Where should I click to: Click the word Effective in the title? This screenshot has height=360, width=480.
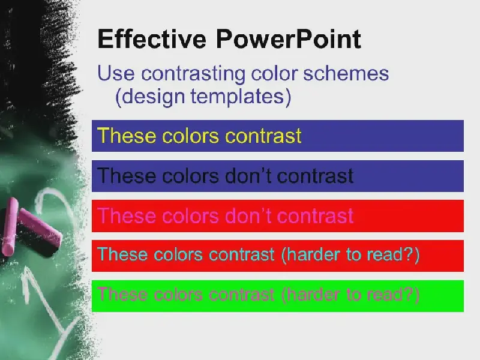pos(152,39)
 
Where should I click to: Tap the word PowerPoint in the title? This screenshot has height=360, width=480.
pos(289,39)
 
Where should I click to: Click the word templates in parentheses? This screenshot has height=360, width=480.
pos(241,97)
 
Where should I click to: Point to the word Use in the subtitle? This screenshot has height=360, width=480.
pos(116,73)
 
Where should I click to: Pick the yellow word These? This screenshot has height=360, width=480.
pos(127,136)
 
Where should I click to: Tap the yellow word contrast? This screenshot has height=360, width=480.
pos(263,136)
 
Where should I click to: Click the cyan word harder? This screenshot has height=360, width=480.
pos(311,255)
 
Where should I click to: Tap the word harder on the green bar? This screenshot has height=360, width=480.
pos(311,295)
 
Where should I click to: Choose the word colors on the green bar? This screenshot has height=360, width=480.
pos(178,295)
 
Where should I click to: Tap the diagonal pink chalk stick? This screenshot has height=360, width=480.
pos(40,227)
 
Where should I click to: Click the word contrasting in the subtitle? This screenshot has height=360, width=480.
pos(193,74)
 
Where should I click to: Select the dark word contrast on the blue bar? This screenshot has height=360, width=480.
pos(315,176)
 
